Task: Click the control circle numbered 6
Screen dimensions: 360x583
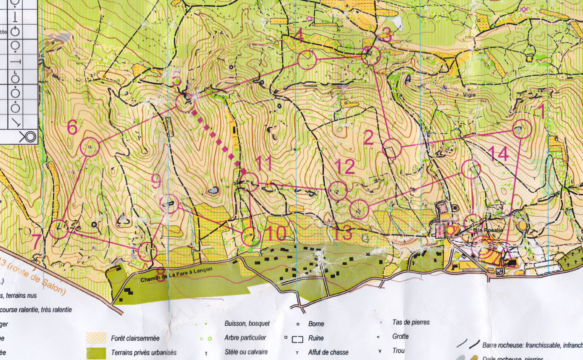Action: click(x=90, y=147)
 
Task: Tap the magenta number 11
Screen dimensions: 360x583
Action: click(x=264, y=163)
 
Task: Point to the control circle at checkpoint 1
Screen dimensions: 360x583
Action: click(x=522, y=129)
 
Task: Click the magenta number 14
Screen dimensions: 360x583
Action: click(x=499, y=154)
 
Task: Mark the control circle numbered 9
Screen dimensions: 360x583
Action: click(x=169, y=204)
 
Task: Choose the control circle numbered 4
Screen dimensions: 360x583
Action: click(x=307, y=60)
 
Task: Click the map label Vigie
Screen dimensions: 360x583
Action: click(x=469, y=95)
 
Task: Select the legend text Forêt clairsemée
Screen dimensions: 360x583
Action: click(x=135, y=338)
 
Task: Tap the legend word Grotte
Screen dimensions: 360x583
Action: click(x=400, y=336)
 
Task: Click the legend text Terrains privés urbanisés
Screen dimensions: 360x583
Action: click(x=144, y=352)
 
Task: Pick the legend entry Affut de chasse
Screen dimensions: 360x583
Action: click(x=328, y=352)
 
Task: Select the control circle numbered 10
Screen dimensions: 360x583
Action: click(x=251, y=236)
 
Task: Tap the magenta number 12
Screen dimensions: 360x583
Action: click(x=345, y=167)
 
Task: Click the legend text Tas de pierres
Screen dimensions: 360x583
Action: click(x=411, y=322)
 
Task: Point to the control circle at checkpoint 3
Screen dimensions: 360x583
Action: click(x=371, y=56)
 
